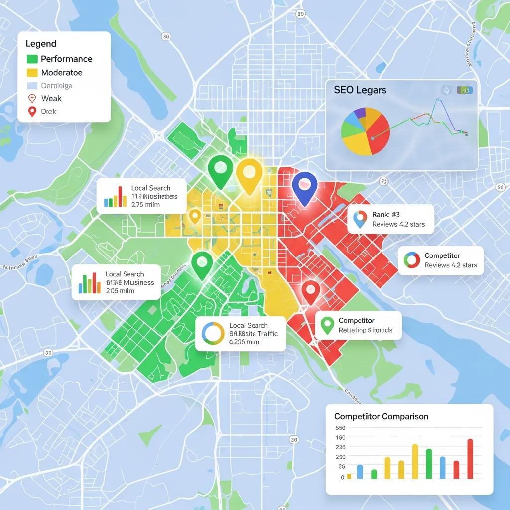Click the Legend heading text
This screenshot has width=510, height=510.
(41, 44)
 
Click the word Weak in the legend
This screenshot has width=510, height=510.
(51, 99)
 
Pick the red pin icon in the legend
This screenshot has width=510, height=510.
(32, 112)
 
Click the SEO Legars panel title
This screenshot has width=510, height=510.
(360, 90)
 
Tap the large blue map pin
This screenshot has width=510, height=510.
(304, 187)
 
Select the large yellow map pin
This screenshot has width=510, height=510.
(249, 175)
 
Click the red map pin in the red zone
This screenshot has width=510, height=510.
(310, 291)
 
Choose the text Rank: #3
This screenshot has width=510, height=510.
(386, 215)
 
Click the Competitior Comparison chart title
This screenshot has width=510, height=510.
(381, 416)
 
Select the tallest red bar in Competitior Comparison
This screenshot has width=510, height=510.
(470, 458)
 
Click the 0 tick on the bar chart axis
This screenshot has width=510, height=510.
(342, 477)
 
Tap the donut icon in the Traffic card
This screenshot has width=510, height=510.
(213, 334)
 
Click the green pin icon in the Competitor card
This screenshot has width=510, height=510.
(327, 325)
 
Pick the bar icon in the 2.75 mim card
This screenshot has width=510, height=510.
(115, 197)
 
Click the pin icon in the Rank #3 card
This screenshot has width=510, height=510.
(359, 219)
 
